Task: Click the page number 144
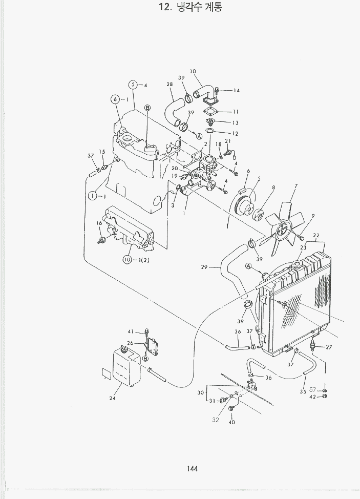point(192,469)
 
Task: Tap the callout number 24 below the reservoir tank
point(112,398)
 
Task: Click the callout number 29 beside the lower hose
point(204,267)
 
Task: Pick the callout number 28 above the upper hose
point(170,85)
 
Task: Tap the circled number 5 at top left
point(133,85)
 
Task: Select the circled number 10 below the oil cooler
point(127,260)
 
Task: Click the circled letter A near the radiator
point(248,266)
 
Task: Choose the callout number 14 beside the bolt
point(236,91)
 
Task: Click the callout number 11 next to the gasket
point(236,112)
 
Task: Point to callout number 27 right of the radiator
point(329,347)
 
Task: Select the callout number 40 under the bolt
point(231,422)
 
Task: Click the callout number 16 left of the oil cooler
point(99,223)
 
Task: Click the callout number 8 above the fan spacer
point(273,188)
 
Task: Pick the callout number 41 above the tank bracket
point(131,331)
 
